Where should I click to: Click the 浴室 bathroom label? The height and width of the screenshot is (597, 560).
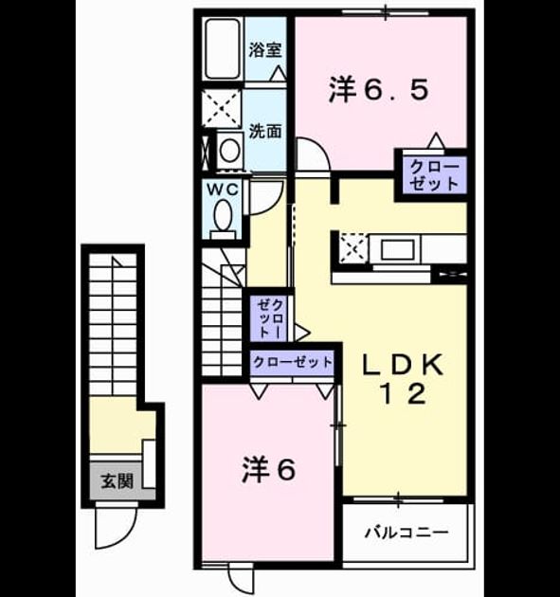click(x=265, y=50)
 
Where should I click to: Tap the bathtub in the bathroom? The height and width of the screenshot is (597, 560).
click(x=223, y=48)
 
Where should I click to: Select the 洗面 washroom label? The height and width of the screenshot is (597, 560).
click(x=265, y=132)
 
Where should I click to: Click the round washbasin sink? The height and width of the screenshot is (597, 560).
click(x=230, y=150)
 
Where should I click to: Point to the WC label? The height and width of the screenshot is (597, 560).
click(x=223, y=189)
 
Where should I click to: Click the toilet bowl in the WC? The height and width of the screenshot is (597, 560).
click(x=224, y=216)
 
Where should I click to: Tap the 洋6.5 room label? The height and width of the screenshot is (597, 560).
click(x=379, y=90)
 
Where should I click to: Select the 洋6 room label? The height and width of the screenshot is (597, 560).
click(x=269, y=469)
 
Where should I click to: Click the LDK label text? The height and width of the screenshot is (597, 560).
click(x=403, y=365)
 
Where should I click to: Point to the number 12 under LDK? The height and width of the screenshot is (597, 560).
click(x=403, y=393)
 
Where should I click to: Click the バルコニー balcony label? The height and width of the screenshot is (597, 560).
click(x=406, y=532)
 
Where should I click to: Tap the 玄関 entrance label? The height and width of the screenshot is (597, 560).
click(x=117, y=481)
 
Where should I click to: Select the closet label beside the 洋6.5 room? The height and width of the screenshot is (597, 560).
click(x=434, y=175)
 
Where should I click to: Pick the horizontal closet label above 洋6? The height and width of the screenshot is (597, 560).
click(x=293, y=362)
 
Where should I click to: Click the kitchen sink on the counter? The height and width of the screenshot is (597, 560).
click(x=398, y=249)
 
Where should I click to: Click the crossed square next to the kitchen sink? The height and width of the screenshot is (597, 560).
click(x=353, y=248)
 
